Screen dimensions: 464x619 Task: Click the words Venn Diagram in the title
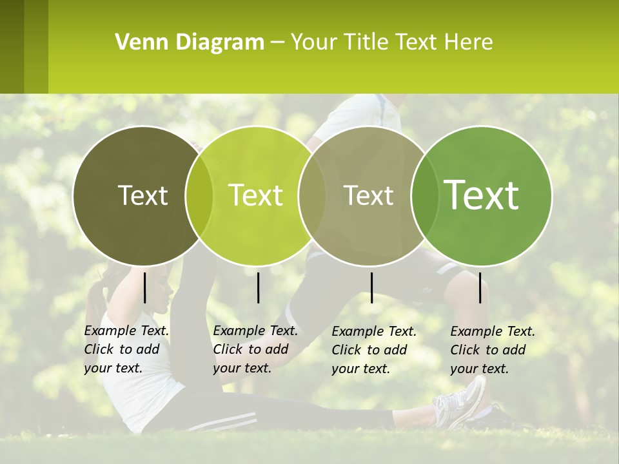(x=189, y=43)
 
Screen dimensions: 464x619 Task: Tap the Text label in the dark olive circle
(x=142, y=195)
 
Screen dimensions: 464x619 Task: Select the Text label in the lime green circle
(x=256, y=195)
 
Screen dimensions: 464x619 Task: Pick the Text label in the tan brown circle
(x=369, y=195)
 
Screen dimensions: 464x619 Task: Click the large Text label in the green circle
(x=482, y=195)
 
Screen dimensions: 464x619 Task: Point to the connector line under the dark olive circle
(x=144, y=287)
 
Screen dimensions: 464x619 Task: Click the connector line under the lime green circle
(x=258, y=287)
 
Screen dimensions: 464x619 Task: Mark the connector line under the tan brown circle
(x=371, y=287)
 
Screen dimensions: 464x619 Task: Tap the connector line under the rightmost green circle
(x=480, y=287)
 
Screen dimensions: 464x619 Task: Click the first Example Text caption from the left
(x=126, y=349)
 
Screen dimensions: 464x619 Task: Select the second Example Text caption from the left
(x=255, y=349)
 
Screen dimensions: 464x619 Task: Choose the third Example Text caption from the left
(x=373, y=350)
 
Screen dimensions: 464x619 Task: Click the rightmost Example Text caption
(x=492, y=350)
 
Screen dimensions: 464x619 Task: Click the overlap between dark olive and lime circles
(x=199, y=195)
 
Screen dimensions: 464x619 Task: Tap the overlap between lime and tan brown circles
(x=312, y=195)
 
